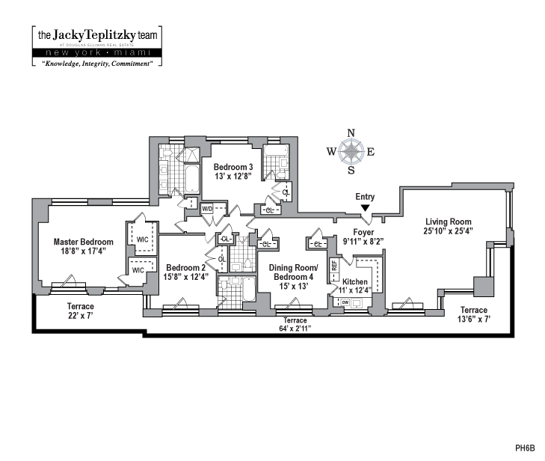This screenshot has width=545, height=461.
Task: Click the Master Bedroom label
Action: pyautogui.click(x=84, y=242)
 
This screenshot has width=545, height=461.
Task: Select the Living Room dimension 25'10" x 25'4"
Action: pyautogui.click(x=448, y=232)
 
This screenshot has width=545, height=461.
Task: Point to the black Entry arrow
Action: pyautogui.click(x=365, y=207)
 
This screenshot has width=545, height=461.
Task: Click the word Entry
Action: pyautogui.click(x=365, y=197)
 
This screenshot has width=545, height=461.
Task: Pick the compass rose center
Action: pyautogui.click(x=351, y=152)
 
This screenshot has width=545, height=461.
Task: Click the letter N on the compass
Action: pyautogui.click(x=351, y=133)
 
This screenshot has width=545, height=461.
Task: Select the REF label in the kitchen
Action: pyautogui.click(x=335, y=265)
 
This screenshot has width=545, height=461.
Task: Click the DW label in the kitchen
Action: pyautogui.click(x=345, y=302)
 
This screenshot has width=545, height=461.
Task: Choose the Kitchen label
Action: pyautogui.click(x=355, y=281)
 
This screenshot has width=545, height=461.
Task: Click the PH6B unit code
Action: pyautogui.click(x=525, y=448)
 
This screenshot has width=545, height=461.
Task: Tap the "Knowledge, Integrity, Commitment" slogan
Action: pyautogui.click(x=96, y=64)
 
